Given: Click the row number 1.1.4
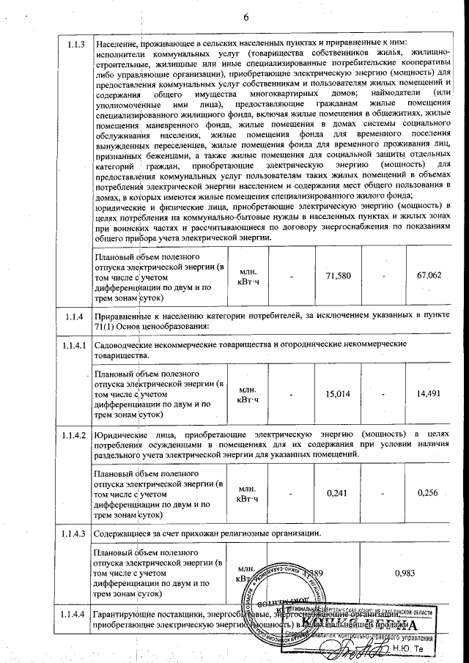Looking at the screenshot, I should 73,316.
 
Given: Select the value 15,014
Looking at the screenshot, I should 339,393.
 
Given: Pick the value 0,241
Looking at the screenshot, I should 339,493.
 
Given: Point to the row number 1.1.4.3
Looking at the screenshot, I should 73,532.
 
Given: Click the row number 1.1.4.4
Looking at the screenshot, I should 73,613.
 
